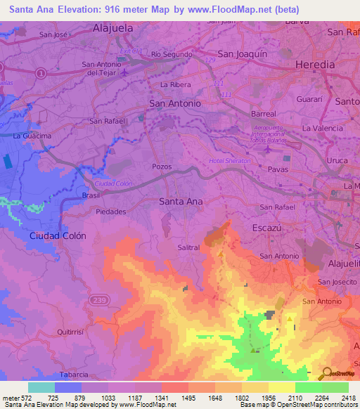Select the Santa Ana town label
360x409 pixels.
[181, 201]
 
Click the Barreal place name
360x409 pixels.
[264, 112]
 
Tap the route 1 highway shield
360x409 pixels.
[41, 72]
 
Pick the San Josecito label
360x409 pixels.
[337, 282]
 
